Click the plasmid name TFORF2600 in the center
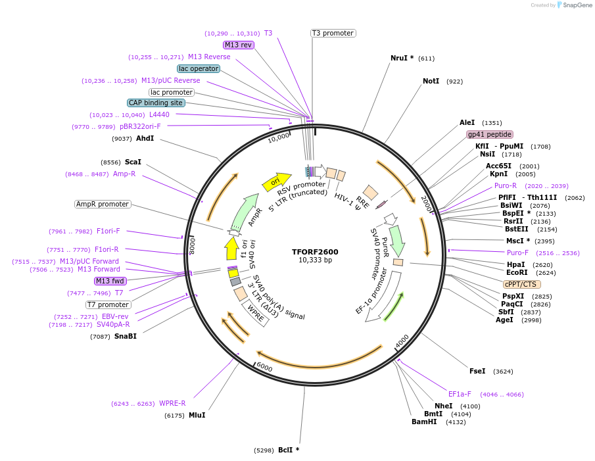click(315, 252)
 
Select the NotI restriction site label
click(431, 81)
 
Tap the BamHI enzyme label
click(424, 422)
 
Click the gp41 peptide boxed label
click(490, 134)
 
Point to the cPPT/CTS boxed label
click(521, 284)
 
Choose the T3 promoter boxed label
click(333, 33)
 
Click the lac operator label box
click(199, 68)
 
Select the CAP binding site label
click(156, 103)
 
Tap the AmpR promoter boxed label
click(103, 204)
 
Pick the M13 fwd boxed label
click(110, 281)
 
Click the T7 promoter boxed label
click(108, 304)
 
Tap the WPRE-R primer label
click(173, 403)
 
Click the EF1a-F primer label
click(460, 394)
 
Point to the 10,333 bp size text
click(315, 260)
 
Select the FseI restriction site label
click(477, 371)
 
